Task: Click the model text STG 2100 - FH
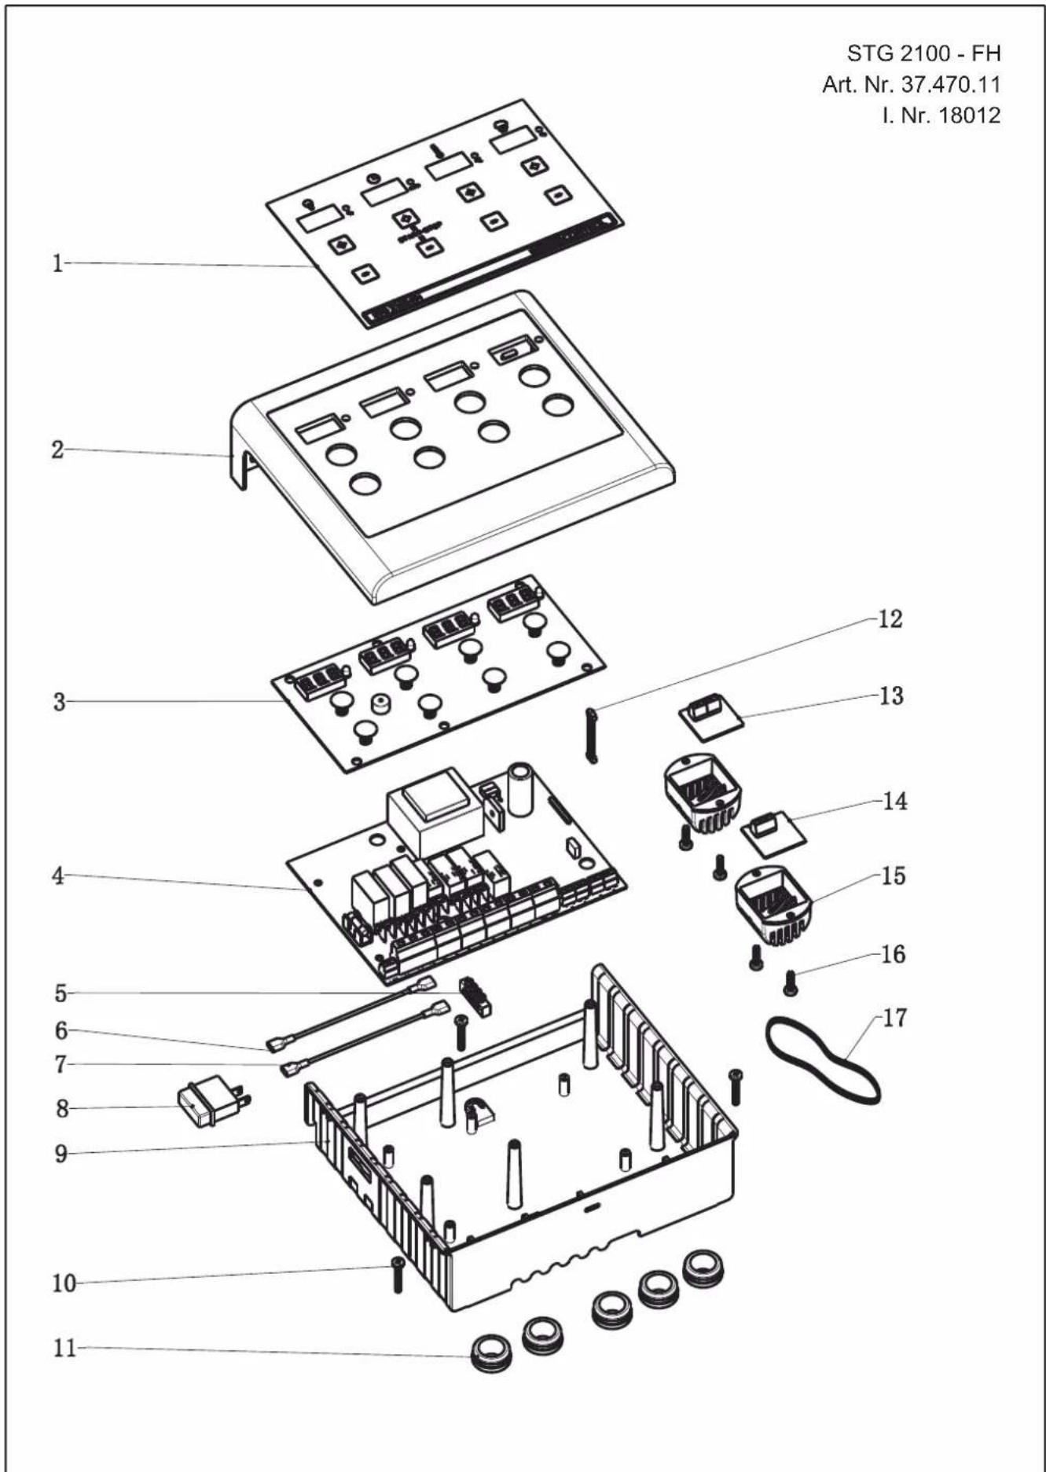click(923, 53)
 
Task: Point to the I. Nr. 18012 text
click(941, 116)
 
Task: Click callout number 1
click(57, 263)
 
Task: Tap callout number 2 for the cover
click(57, 450)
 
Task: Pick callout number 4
click(58, 875)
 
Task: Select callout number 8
click(62, 1108)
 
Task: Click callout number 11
click(64, 1348)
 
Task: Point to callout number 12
click(890, 619)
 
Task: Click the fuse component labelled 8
click(214, 1103)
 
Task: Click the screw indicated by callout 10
click(397, 1275)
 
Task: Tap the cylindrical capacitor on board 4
click(522, 790)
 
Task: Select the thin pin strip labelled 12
click(590, 735)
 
